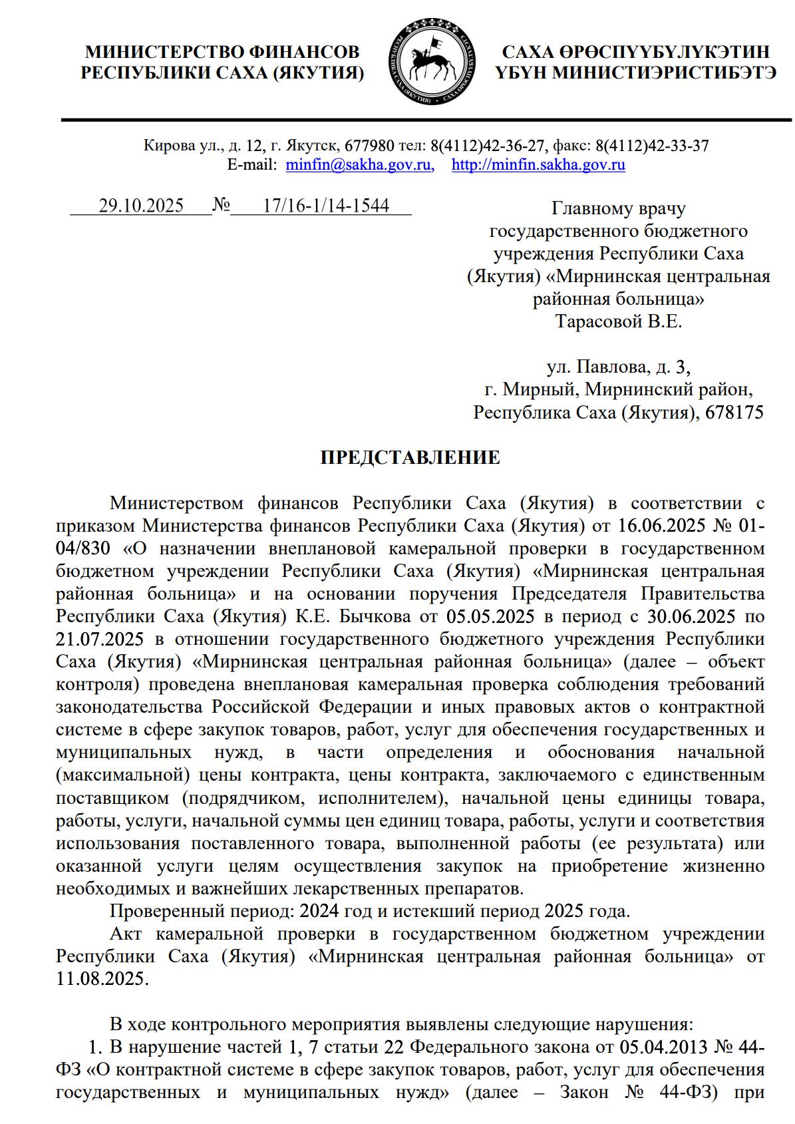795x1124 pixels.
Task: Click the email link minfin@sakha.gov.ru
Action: tap(359, 165)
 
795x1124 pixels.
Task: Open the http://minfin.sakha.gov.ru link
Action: tap(538, 165)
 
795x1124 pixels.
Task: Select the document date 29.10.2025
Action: tap(141, 206)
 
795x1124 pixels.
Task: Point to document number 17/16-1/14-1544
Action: tap(326, 206)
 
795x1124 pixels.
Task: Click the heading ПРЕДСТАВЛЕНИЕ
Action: tap(410, 458)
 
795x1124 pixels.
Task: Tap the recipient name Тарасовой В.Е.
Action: tap(619, 322)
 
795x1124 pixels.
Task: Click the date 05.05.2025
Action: tap(491, 616)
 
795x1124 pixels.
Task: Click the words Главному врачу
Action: tap(619, 209)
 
